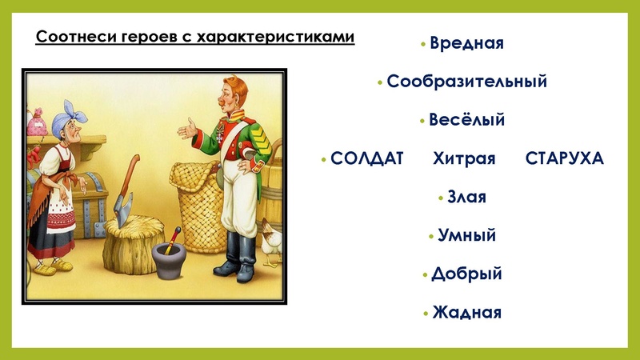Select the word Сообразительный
pyautogui.click(x=466, y=82)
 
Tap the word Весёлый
pyautogui.click(x=466, y=120)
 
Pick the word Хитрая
pyautogui.click(x=465, y=158)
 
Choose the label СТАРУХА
pyautogui.click(x=564, y=158)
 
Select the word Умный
pyautogui.click(x=466, y=235)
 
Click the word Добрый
pyautogui.click(x=466, y=274)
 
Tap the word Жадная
pyautogui.click(x=466, y=312)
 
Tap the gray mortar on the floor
pyautogui.click(x=168, y=262)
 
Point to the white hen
pyautogui.click(x=272, y=240)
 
